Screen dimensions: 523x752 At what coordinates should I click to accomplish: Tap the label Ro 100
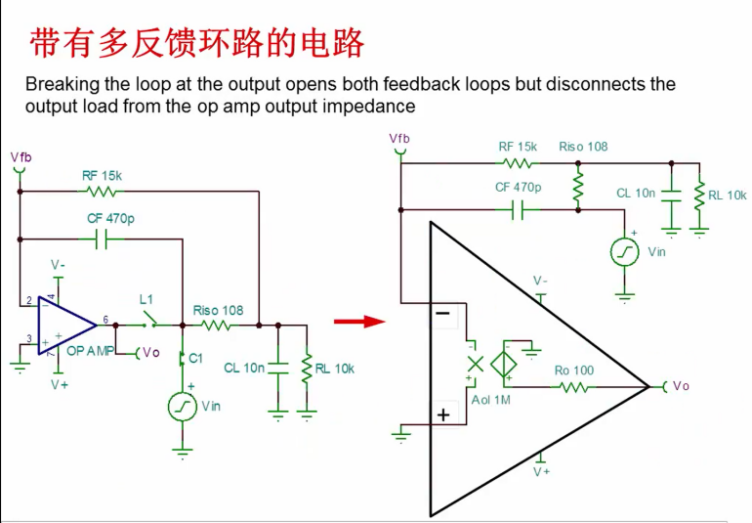coord(574,370)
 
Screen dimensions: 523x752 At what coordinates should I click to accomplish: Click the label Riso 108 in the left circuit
coord(218,311)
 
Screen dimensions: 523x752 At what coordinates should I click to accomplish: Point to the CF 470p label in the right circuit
coord(519,187)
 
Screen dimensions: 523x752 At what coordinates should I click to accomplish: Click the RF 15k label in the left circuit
coord(103,176)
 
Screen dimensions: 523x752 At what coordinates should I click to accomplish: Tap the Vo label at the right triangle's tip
coord(681,386)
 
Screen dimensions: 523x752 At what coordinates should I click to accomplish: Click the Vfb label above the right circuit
coord(399,139)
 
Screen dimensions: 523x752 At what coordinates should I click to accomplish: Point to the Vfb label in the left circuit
coord(20,156)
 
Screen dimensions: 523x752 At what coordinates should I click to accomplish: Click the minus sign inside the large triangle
coord(442,314)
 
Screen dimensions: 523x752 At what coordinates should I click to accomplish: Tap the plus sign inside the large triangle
coord(443,414)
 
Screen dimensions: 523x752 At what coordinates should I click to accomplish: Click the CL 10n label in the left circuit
coord(244,369)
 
